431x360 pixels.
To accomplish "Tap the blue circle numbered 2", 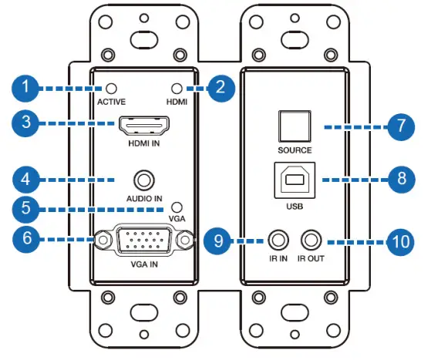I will (x=221, y=88).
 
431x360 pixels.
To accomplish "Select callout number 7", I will (x=398, y=126).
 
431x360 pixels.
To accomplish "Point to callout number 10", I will (x=399, y=241).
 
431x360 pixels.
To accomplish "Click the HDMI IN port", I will (x=143, y=126).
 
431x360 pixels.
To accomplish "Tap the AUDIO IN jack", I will (x=143, y=180).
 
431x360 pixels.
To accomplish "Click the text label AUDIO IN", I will (x=143, y=198).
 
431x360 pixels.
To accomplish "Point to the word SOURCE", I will (x=293, y=150).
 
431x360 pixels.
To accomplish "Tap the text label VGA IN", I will (x=143, y=264).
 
